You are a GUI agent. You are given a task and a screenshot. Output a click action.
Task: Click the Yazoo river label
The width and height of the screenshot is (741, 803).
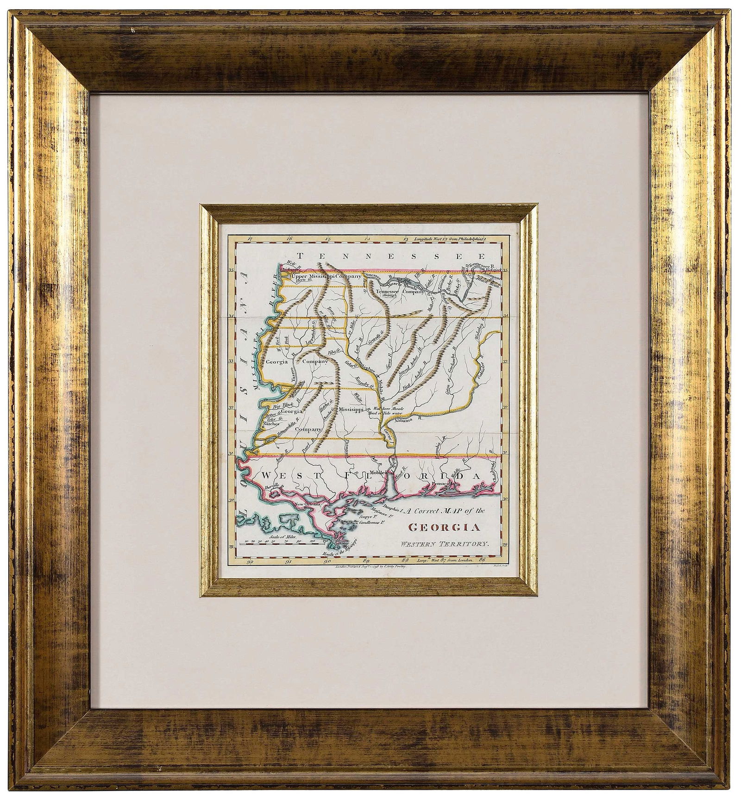click(x=294, y=379)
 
